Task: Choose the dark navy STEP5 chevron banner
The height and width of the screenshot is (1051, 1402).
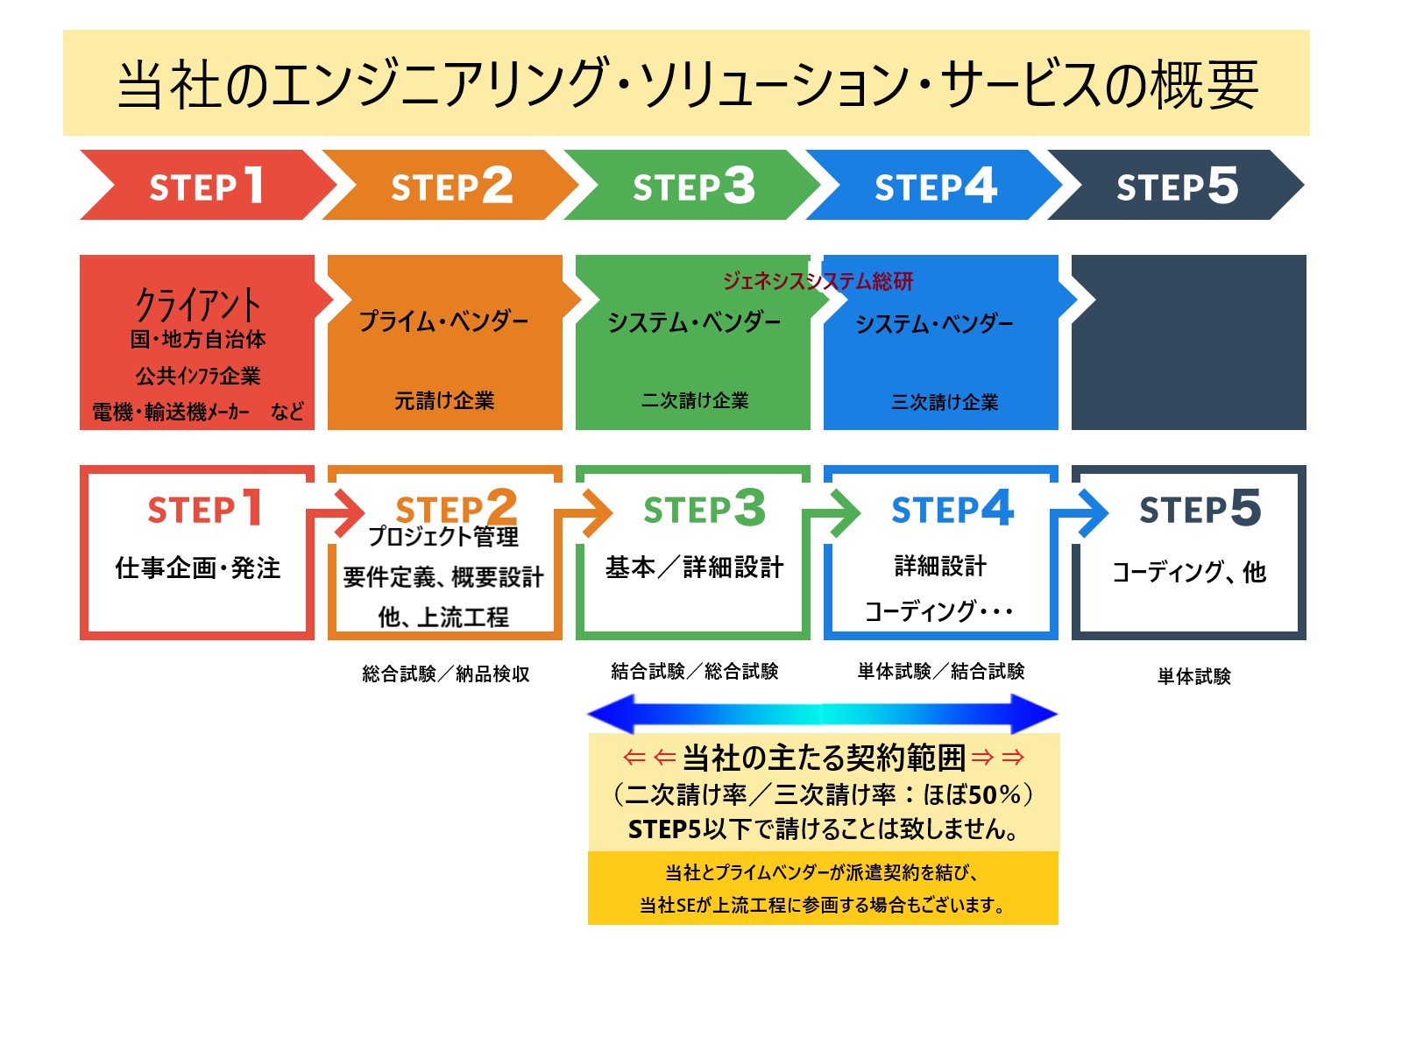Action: coord(1176,185)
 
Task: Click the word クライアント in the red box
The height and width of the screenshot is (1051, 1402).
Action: coord(198,305)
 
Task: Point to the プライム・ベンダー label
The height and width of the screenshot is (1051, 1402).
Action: coord(444,321)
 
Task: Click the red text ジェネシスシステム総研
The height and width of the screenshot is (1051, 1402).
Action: coord(818,281)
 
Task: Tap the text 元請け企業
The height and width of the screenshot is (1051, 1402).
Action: coord(444,401)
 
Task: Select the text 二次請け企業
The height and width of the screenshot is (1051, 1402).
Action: coord(695,401)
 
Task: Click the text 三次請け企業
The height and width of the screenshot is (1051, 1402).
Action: coord(945,402)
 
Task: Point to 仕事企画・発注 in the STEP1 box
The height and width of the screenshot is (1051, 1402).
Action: coord(198,568)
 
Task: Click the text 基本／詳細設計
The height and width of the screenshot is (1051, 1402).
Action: coord(695,567)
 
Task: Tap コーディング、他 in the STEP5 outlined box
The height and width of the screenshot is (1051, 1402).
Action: coord(1189,572)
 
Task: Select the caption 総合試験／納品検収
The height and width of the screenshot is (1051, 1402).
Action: coord(446,674)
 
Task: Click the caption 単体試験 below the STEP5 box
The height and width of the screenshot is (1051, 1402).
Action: coord(1194,676)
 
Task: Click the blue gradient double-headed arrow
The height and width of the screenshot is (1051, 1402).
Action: coord(822,714)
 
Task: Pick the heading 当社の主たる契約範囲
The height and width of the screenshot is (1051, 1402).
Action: coord(824,758)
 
